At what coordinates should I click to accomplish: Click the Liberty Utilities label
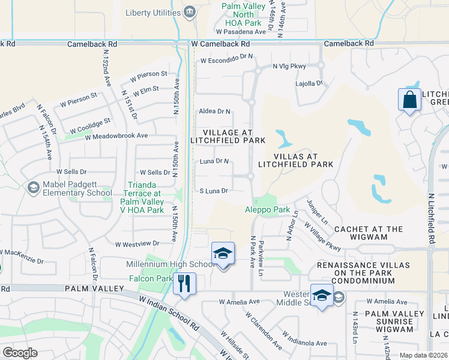pyautogui.click(x=153, y=13)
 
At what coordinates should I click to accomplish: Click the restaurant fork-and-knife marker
pyautogui.click(x=184, y=283)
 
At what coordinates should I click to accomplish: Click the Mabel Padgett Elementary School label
pyautogui.click(x=77, y=188)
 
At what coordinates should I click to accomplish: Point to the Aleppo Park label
pyautogui.click(x=267, y=210)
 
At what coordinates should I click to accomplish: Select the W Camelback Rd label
pyautogui.click(x=220, y=44)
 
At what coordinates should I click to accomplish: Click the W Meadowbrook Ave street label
pyautogui.click(x=116, y=136)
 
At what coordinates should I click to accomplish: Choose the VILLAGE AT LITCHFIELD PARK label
pyautogui.click(x=226, y=136)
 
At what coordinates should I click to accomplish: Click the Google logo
pyautogui.click(x=20, y=353)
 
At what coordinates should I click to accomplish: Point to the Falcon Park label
pyautogui.click(x=151, y=278)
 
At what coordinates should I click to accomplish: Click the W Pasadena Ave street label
pyautogui.click(x=241, y=32)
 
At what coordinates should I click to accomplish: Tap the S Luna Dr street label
pyautogui.click(x=214, y=191)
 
